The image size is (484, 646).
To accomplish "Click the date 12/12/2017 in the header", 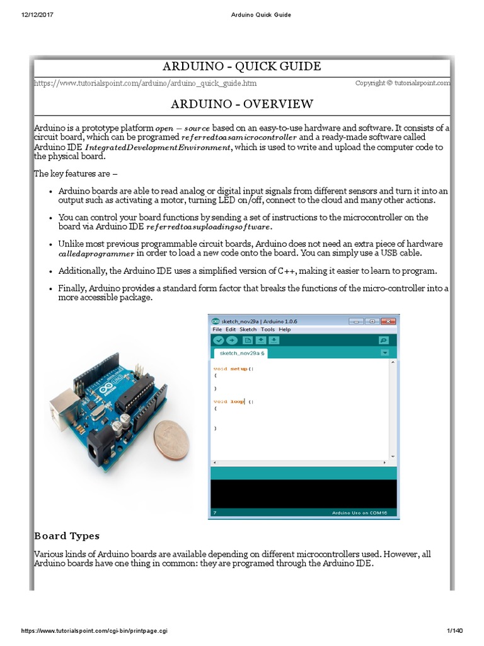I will [38, 15].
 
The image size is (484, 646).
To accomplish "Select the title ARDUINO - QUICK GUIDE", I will [241, 66].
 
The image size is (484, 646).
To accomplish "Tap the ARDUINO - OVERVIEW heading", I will [241, 104].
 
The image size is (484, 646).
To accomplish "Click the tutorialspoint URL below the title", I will [145, 83].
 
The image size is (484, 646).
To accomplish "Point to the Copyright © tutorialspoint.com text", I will [403, 83].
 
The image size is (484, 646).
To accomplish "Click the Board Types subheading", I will [66, 536].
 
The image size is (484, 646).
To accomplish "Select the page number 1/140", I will [454, 631].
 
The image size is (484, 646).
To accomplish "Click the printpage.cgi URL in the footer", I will [95, 631].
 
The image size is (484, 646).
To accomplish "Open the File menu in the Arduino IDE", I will [217, 329].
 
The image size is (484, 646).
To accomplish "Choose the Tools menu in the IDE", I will [268, 329].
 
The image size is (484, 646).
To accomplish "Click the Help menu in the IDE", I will [285, 329].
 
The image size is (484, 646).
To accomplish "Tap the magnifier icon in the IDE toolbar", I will [383, 341].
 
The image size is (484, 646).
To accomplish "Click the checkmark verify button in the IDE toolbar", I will [218, 341].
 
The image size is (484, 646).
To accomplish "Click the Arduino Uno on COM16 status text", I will [359, 513].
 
